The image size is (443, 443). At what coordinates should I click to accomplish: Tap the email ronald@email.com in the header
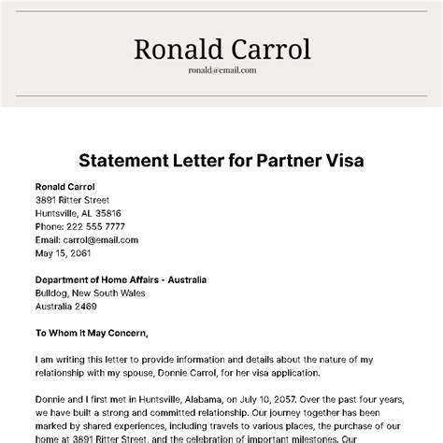[221, 69]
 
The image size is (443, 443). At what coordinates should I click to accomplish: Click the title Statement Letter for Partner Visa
[221, 160]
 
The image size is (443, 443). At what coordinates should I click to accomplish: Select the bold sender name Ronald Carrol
[64, 186]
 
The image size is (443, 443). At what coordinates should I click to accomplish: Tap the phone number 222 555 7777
[93, 225]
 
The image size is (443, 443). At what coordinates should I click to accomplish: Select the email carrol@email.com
[93, 239]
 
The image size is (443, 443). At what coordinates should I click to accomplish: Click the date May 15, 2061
[65, 252]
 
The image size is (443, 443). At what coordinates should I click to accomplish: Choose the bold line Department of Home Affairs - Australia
[121, 279]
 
